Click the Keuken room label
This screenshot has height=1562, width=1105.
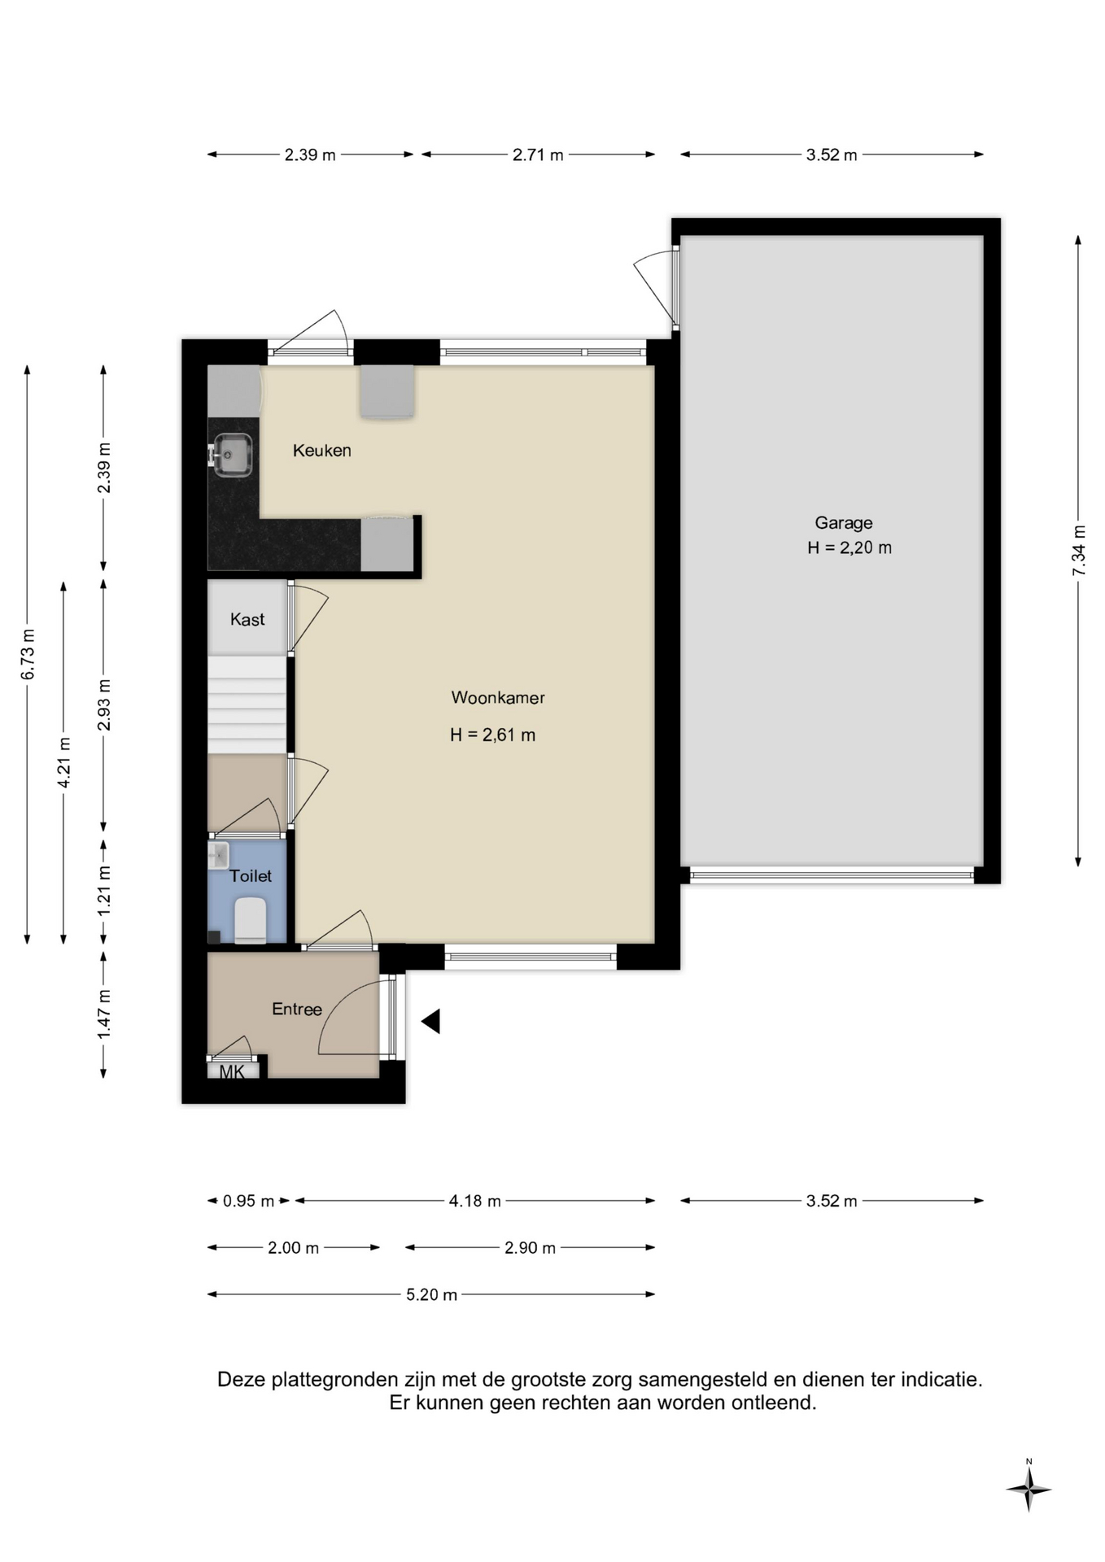coord(321,450)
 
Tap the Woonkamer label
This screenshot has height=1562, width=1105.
coord(498,697)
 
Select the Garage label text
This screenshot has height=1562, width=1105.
coord(844,523)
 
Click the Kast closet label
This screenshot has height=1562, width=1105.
coord(247,619)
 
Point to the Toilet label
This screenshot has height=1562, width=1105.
coord(251,875)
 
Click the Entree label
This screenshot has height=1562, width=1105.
coord(297,1009)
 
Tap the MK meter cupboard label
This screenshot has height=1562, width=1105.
coord(232,1071)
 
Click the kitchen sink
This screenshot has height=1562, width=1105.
coord(231,454)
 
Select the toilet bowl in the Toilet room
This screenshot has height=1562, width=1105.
coord(251,920)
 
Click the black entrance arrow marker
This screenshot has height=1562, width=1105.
coord(431,1021)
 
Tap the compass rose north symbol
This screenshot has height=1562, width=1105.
coord(1029,1490)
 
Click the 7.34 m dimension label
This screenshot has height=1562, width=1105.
coord(1079,551)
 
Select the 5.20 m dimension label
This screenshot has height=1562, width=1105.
coord(431,1294)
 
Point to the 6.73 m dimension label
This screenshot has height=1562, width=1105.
coord(28,654)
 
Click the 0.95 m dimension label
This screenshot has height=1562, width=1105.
coord(248,1201)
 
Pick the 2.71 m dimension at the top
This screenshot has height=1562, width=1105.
coord(538,155)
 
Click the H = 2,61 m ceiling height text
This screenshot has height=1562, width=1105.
coord(492,735)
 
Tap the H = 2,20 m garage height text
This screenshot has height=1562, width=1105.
coord(849,548)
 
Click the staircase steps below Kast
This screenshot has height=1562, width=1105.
coord(247,705)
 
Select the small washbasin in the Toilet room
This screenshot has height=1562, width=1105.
coord(218,856)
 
